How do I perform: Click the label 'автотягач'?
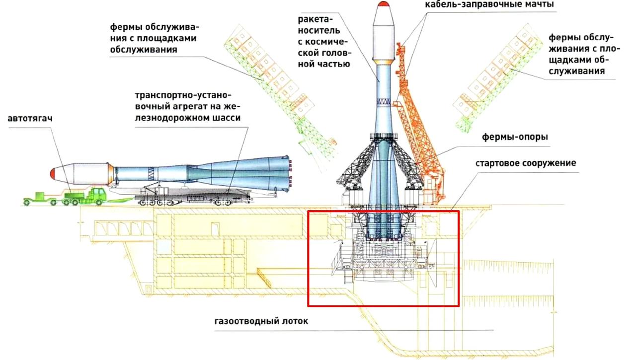pos(30,119)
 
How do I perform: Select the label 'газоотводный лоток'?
pos(261,321)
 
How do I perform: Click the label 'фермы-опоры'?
pos(515,137)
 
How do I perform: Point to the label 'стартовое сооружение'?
pos(526,163)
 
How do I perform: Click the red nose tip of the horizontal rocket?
pos(52,173)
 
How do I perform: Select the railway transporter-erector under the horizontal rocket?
pos(199,197)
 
